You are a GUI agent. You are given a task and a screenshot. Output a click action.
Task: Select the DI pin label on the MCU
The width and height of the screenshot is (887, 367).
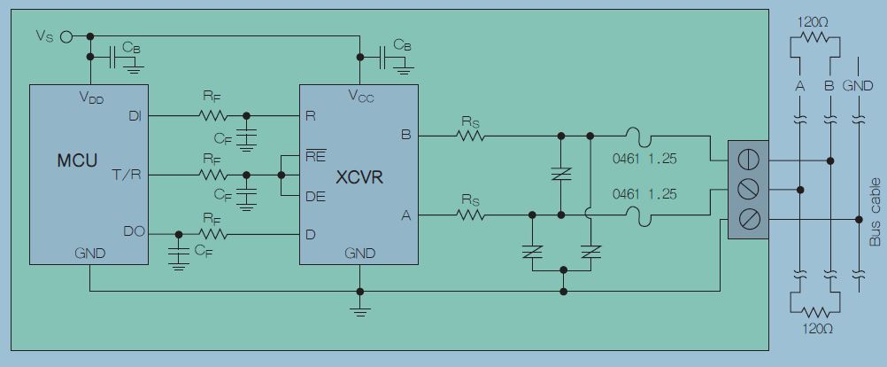point(135,115)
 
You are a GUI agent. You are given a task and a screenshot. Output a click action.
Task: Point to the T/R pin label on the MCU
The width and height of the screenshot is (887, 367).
point(127,175)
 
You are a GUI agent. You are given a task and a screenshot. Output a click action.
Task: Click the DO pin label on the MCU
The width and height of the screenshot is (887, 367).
point(133,232)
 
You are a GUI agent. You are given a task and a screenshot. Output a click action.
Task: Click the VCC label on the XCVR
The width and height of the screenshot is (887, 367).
point(360,98)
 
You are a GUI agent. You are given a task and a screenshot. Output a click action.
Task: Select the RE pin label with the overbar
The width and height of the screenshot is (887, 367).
point(315,155)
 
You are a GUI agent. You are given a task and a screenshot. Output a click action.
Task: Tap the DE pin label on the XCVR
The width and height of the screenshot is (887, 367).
point(315,197)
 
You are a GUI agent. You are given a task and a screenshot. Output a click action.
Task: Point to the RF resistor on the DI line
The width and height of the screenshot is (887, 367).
point(212,115)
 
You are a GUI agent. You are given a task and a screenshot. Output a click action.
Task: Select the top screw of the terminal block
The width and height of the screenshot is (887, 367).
point(748,160)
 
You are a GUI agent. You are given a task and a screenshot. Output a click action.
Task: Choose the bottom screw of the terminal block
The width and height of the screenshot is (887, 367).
point(748,218)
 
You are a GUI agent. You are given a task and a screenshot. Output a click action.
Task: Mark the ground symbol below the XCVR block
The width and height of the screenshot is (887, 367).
point(359,311)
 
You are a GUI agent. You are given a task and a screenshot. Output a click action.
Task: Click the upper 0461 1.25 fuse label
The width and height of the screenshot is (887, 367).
point(644,160)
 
